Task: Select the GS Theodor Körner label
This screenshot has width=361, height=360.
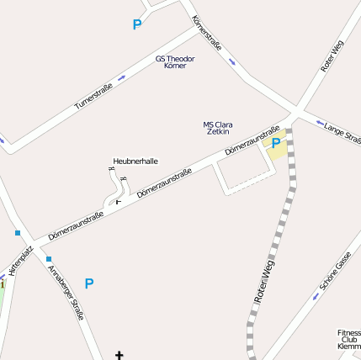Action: tap(175, 61)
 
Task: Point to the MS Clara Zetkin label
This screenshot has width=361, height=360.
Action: tap(218, 128)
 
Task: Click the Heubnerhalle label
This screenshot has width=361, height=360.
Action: tap(135, 161)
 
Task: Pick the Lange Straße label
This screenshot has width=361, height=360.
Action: tap(342, 130)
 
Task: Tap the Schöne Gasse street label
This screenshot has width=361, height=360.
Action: tap(335, 275)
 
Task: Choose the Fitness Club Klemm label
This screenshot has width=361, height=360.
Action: tap(348, 339)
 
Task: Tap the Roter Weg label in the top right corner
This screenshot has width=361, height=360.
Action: tap(332, 56)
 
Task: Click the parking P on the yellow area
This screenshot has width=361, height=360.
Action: tap(276, 144)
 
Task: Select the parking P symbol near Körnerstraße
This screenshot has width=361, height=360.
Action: tap(137, 25)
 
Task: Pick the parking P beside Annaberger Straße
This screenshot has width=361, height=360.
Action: tap(89, 283)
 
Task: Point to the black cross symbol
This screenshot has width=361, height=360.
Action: tap(119, 355)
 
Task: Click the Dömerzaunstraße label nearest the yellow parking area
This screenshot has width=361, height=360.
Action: tap(252, 140)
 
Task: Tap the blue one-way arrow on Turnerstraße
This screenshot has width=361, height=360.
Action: tap(122, 78)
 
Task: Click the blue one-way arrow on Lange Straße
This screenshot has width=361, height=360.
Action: tap(319, 123)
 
